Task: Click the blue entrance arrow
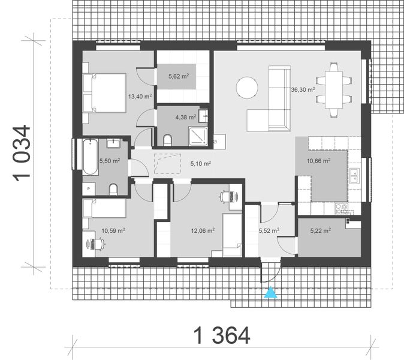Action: point(272,293)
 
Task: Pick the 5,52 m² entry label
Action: point(269,230)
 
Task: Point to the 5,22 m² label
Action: point(321,229)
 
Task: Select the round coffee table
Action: point(246,89)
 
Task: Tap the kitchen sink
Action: point(355,175)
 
